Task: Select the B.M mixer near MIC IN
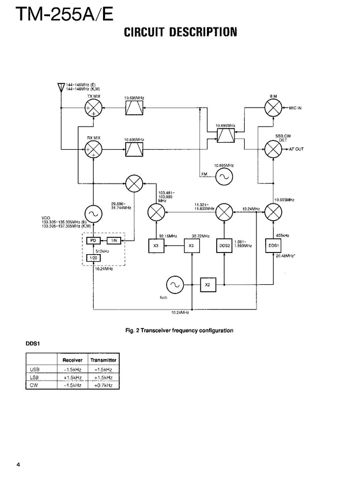pos(273,108)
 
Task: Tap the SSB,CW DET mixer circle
pos(273,149)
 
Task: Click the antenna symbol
pos(61,88)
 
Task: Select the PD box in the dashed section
pos(93,240)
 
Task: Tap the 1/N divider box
pos(114,240)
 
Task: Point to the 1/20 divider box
pos(93,258)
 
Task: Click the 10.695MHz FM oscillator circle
pos(223,176)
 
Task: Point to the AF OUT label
pos(296,149)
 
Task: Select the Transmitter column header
pos(103,359)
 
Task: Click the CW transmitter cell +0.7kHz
pos(103,385)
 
